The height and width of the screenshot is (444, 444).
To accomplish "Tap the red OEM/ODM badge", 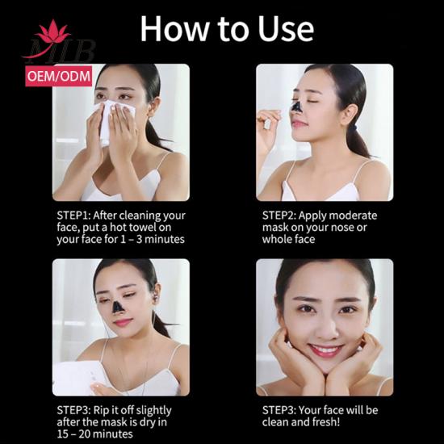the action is [x=59, y=76].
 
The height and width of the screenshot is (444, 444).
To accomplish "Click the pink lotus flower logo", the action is [x=53, y=31].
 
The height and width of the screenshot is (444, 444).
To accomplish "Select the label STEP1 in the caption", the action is [x=73, y=216].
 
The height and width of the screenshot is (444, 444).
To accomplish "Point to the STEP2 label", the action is [x=279, y=216].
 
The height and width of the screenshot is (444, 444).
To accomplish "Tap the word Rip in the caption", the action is [x=101, y=411].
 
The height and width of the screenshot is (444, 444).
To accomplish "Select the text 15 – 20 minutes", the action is [x=94, y=434].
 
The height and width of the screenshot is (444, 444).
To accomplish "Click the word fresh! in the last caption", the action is [x=326, y=422].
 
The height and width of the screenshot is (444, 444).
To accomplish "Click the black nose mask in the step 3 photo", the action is [x=117, y=308].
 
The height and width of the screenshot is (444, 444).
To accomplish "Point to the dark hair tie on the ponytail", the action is [x=354, y=129].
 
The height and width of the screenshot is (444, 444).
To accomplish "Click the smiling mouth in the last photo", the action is [x=326, y=350].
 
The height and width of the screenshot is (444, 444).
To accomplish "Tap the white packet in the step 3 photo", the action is [x=77, y=378].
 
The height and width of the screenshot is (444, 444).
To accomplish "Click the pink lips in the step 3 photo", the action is [x=123, y=323].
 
